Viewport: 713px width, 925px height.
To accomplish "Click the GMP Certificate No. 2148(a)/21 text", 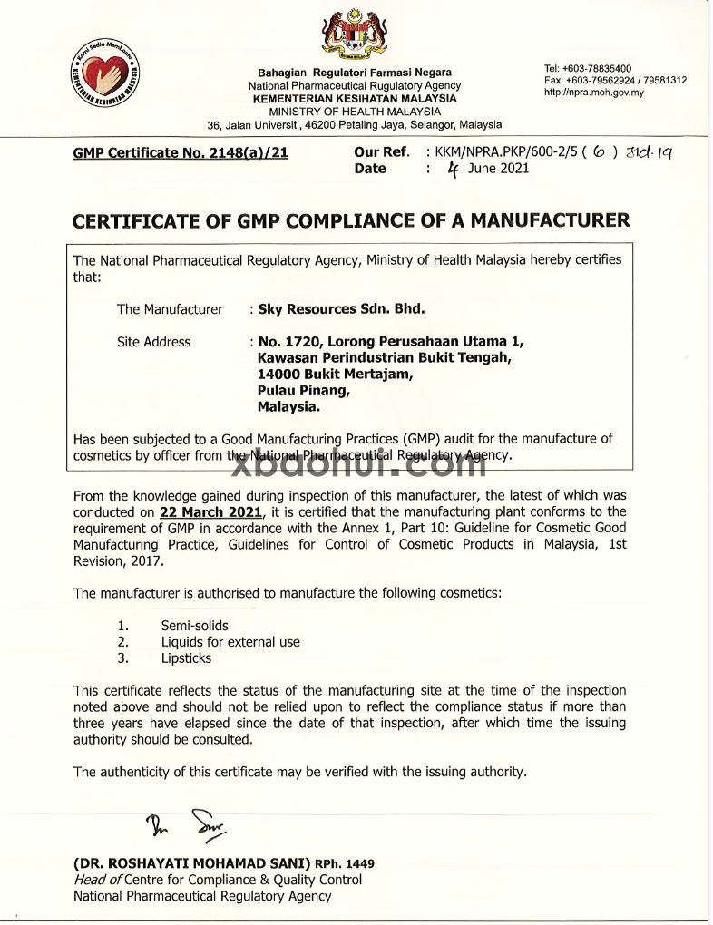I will pos(180,153).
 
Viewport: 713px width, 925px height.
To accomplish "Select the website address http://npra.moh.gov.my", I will pos(594,92).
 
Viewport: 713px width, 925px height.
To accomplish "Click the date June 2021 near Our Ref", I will pos(498,169).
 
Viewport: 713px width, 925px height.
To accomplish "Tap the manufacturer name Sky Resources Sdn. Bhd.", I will pos(341,309).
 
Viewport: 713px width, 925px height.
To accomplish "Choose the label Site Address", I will pos(153,342).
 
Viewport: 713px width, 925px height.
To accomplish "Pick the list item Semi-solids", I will pos(194,626).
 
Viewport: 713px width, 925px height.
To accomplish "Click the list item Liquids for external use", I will pos(230,642).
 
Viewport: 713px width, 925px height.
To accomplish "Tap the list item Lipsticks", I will pos(186,658).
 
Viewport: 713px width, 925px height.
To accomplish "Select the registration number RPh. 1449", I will pos(345,864).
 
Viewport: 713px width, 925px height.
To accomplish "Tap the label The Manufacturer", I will pos(170,309).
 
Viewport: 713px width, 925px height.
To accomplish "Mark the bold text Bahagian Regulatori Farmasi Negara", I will pos(355,73).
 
